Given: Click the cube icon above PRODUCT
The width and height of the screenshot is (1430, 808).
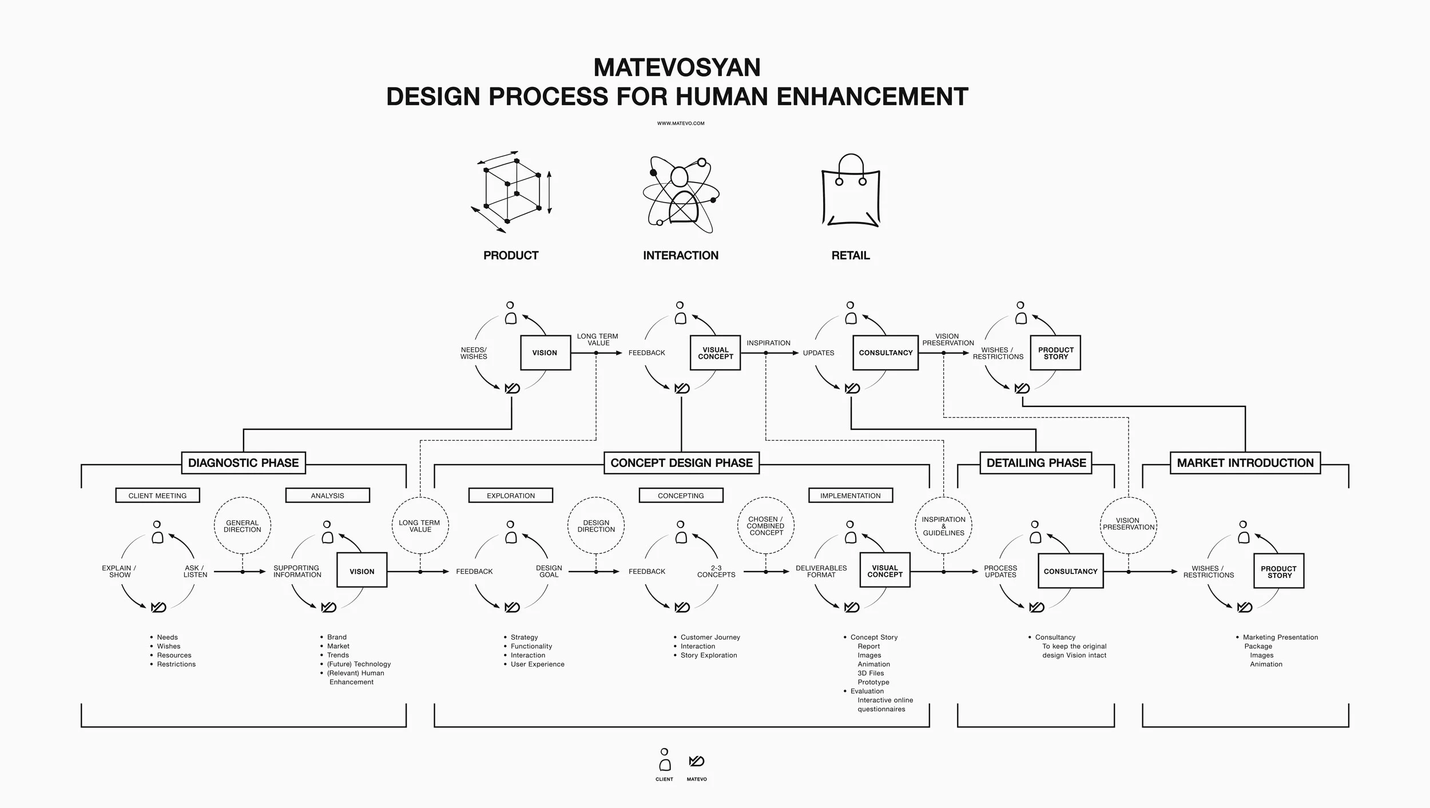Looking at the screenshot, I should tap(511, 192).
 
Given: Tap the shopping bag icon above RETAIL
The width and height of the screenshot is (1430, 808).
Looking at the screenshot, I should tap(851, 192).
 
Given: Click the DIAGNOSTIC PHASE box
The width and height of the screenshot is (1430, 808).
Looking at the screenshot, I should tap(243, 463).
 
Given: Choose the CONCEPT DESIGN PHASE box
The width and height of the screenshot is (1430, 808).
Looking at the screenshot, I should tap(681, 463).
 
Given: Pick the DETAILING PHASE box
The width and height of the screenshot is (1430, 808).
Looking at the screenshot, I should tap(1036, 463).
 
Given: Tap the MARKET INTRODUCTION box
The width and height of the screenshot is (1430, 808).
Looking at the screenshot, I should tap(1245, 463).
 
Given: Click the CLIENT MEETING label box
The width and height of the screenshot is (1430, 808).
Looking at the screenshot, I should tap(157, 496).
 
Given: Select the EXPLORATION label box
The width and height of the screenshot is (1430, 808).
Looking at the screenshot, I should tap(511, 496).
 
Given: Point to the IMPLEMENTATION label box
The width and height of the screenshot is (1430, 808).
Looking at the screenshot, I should tap(851, 496).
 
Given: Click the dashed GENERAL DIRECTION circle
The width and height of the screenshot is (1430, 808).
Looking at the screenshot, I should tap(243, 526).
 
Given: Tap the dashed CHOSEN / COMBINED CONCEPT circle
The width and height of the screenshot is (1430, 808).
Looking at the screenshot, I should tap(766, 526).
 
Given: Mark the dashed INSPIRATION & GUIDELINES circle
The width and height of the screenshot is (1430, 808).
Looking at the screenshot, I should tap(944, 526).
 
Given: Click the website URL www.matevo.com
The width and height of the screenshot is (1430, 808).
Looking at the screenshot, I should tap(681, 123).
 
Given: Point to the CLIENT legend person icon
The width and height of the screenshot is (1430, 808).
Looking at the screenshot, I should tap(664, 761).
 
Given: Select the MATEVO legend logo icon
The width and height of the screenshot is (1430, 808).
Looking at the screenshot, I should tap(697, 761).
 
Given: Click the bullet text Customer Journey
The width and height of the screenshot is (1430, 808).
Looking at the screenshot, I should tap(710, 637).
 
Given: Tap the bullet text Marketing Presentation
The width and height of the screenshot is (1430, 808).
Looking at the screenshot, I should tap(1280, 637).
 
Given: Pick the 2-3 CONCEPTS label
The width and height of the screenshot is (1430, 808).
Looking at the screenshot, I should tap(716, 572).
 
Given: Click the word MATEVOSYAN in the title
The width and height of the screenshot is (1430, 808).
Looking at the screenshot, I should tap(677, 68).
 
